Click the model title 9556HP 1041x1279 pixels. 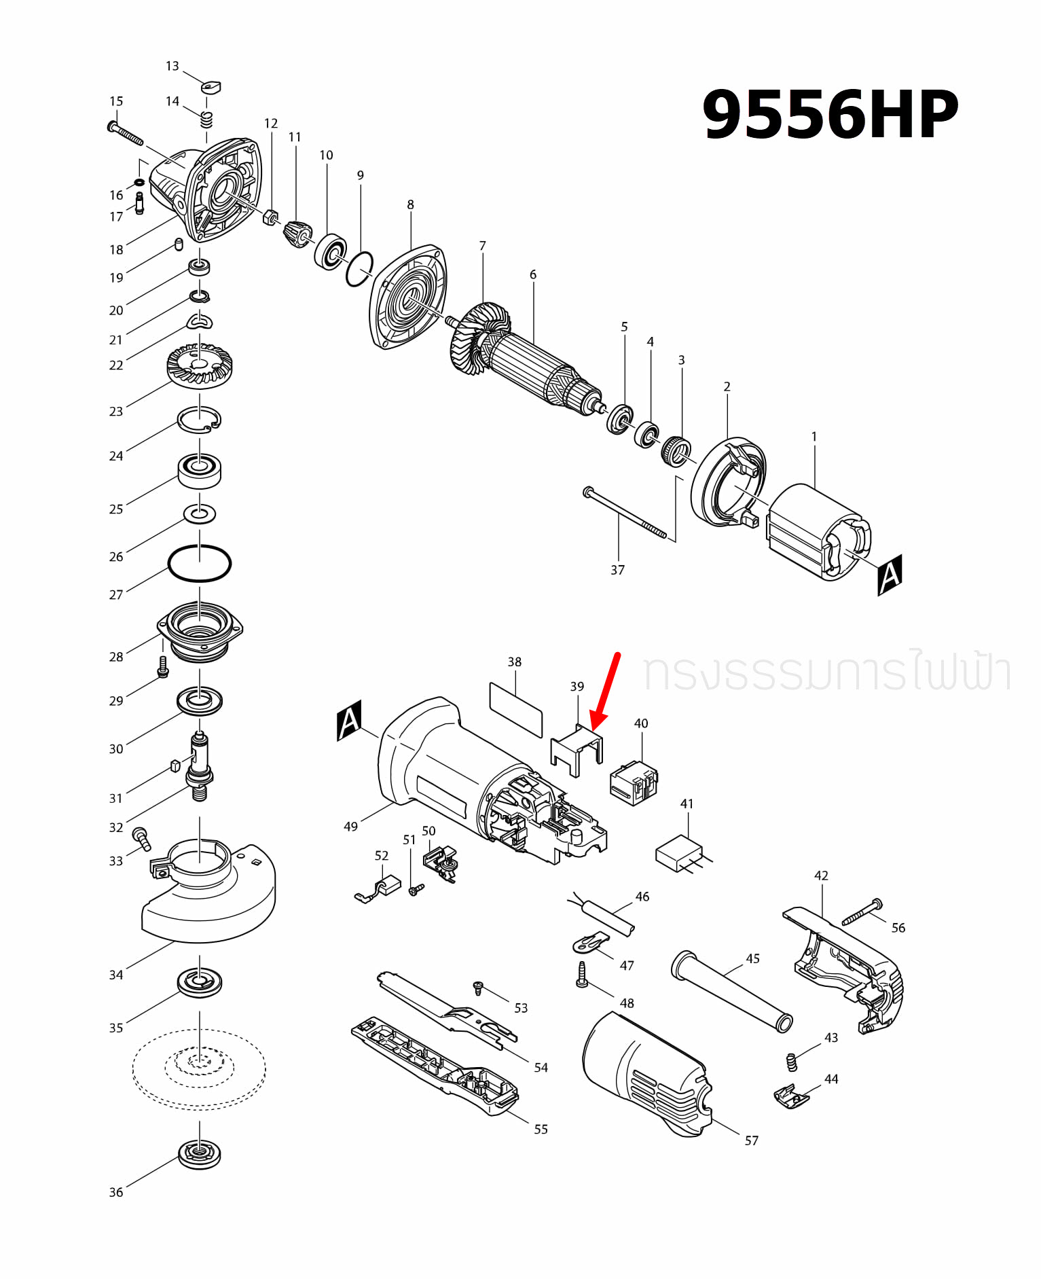tap(829, 114)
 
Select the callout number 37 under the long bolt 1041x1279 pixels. tap(617, 570)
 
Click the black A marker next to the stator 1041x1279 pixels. tap(890, 575)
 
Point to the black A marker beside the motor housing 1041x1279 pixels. tap(349, 721)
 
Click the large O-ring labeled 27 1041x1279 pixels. tap(199, 563)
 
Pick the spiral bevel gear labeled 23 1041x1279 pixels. tap(200, 367)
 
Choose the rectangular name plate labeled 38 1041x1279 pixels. tap(515, 709)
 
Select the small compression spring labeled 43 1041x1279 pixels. tap(791, 1062)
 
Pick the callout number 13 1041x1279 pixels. tap(172, 66)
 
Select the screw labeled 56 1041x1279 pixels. tap(862, 912)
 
